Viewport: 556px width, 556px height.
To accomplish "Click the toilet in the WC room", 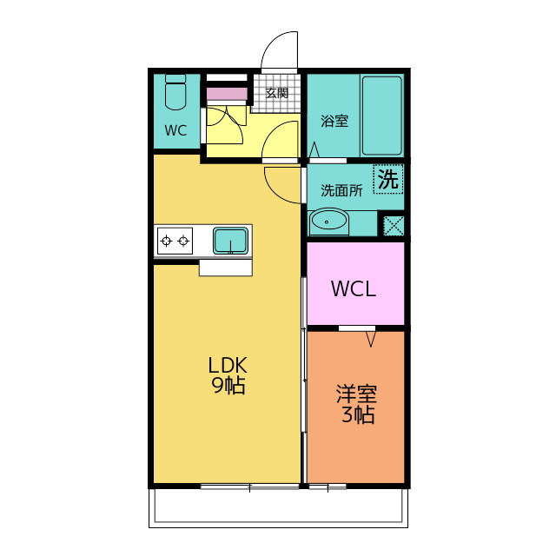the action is coord(175,92).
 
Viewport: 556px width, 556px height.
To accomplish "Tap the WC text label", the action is coord(175,130).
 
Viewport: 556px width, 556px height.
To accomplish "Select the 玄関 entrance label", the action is coord(277,93).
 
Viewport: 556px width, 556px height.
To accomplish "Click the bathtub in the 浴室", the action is coord(382,116).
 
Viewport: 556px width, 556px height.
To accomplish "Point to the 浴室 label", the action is coord(334,121).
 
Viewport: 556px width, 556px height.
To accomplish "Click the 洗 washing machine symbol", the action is coord(388,179).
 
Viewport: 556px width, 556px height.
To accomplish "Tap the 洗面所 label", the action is coord(341,191).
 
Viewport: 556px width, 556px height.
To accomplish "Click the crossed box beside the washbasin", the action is coord(394,225).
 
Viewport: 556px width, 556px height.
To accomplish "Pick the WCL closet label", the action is coord(354,289).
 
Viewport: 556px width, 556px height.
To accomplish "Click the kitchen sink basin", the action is coord(230,241).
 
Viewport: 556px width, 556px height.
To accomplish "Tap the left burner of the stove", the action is coord(166,242).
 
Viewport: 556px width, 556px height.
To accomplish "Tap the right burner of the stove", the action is coord(183,242).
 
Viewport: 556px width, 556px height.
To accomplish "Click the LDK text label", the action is coord(227,365).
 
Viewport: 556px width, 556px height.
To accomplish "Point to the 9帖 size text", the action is coord(228,385).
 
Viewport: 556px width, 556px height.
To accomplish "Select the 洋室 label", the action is coord(356,394).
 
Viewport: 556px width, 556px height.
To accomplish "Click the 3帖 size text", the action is coord(358,414).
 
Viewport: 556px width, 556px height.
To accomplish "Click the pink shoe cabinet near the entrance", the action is coord(227,94).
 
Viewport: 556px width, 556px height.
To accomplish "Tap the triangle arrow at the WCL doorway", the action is coord(371,340).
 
